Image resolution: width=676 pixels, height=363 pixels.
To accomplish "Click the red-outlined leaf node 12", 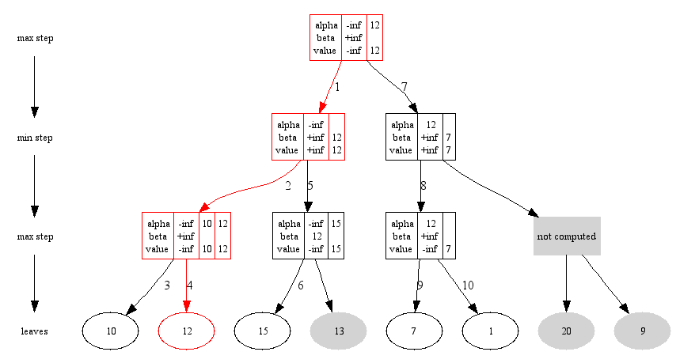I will [187, 331].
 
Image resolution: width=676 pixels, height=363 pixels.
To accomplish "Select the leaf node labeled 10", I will [111, 331].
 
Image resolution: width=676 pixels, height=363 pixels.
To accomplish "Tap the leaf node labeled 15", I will [263, 331].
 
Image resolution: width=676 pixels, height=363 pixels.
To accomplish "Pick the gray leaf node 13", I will [339, 331].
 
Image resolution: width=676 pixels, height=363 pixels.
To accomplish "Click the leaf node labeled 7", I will [414, 331].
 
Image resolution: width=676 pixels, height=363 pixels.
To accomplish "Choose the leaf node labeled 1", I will [490, 331].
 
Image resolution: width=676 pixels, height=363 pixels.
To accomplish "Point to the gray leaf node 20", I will [566, 331].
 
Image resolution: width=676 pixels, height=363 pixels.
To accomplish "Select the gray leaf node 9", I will [642, 331].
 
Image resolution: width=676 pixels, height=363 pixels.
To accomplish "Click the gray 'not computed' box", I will [566, 236].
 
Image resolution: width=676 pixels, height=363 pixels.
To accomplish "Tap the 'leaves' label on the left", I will [34, 331].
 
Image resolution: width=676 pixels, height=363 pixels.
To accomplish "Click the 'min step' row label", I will [35, 138].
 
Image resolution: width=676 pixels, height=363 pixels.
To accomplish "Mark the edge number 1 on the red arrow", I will [337, 86].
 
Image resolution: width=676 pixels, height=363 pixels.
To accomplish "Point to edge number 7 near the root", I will [404, 86].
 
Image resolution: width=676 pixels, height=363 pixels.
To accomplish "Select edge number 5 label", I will [310, 186].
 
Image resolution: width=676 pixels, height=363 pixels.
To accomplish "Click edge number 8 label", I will [423, 186].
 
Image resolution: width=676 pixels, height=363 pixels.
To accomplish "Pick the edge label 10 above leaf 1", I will [468, 285].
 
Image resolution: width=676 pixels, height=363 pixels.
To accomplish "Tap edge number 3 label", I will [167, 285].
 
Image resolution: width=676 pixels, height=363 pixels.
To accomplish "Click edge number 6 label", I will [301, 285].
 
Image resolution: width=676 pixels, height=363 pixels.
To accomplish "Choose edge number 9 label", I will [420, 285].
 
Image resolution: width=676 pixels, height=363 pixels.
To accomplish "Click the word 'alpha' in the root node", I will [326, 25].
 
